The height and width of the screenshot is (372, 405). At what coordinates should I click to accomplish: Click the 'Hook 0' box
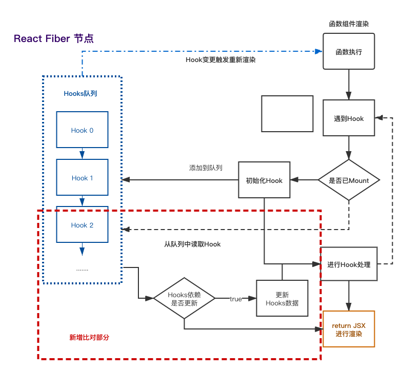pyautogui.click(x=82, y=130)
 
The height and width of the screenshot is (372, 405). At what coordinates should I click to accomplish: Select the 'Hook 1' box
pyautogui.click(x=82, y=177)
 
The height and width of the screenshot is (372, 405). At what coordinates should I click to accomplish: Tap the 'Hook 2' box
pyautogui.click(x=82, y=224)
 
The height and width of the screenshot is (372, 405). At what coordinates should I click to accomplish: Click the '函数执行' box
pyautogui.click(x=349, y=51)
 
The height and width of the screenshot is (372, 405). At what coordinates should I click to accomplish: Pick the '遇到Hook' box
pyautogui.click(x=349, y=118)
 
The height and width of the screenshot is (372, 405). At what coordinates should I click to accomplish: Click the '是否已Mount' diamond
pyautogui.click(x=349, y=180)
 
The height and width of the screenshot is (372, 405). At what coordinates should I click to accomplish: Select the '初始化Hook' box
pyautogui.click(x=264, y=180)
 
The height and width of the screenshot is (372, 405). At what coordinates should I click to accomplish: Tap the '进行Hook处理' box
pyautogui.click(x=349, y=264)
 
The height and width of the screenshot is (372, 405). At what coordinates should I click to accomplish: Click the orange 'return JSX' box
pyautogui.click(x=349, y=329)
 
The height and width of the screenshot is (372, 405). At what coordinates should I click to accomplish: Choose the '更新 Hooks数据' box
pyautogui.click(x=282, y=298)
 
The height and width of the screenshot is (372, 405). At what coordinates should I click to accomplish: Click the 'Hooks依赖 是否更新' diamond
pyautogui.click(x=184, y=298)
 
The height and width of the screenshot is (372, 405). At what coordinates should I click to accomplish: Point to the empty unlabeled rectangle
pyautogui.click(x=287, y=114)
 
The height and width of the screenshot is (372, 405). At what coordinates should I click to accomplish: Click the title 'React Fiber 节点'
pyautogui.click(x=54, y=39)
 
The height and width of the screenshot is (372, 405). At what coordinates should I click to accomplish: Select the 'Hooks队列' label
pyautogui.click(x=80, y=93)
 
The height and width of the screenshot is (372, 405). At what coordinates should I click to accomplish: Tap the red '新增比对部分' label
pyautogui.click(x=89, y=337)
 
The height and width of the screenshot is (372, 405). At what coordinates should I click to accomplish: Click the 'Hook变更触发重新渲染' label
pyautogui.click(x=220, y=60)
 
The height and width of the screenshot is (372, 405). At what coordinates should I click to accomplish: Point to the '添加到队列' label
pyautogui.click(x=206, y=168)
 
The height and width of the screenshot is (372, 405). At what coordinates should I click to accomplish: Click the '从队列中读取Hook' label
pyautogui.click(x=192, y=244)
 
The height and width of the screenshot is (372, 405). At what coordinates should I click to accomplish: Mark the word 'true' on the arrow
pyautogui.click(x=236, y=299)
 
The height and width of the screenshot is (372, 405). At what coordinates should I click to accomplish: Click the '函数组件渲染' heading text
pyautogui.click(x=349, y=24)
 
